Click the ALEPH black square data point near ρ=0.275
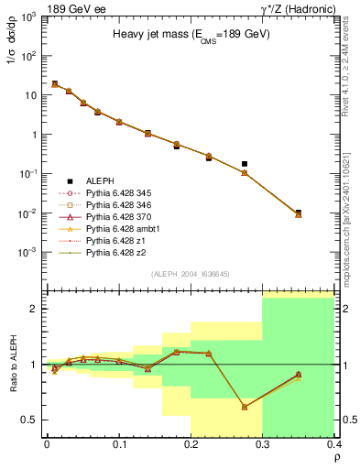245,164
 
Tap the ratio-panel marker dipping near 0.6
245,407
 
